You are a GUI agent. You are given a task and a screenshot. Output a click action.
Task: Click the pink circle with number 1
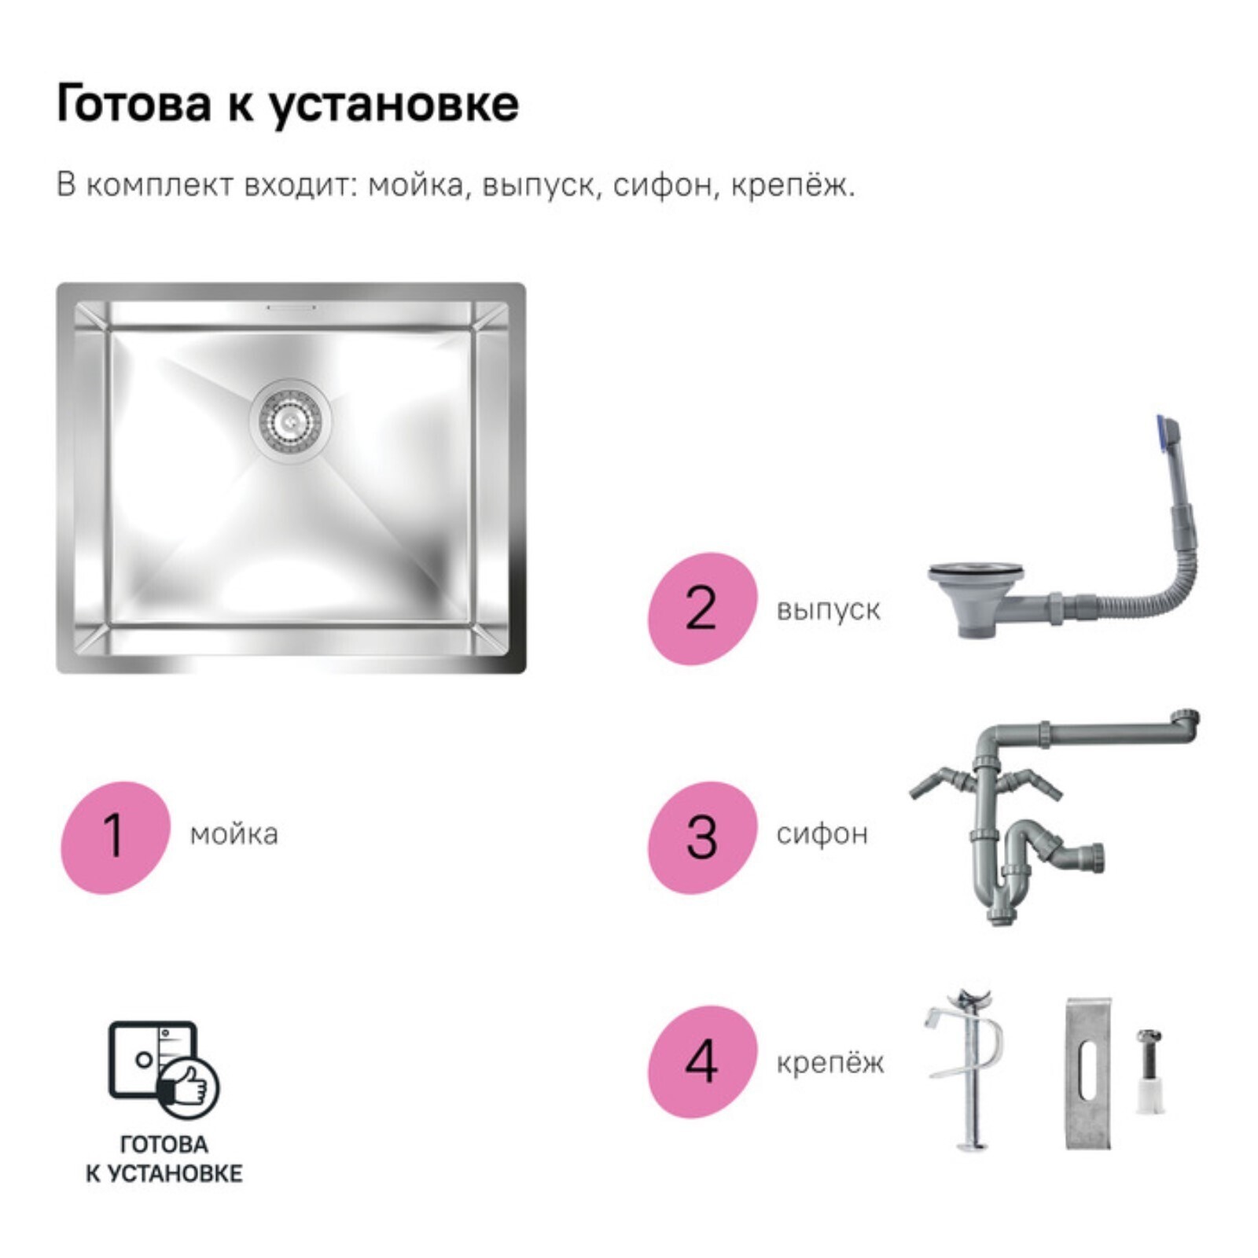click(116, 837)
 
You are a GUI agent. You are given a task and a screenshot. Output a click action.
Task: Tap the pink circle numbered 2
click(702, 609)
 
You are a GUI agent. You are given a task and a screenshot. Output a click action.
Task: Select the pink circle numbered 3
click(702, 837)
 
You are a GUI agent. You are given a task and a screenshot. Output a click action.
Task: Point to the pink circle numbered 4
click(702, 1061)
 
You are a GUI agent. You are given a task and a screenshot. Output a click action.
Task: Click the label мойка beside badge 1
click(234, 834)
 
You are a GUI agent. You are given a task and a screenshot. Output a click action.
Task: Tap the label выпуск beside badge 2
click(828, 610)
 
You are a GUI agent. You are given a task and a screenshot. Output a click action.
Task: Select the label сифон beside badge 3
click(822, 833)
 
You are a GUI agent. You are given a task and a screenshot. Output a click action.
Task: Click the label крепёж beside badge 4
click(830, 1062)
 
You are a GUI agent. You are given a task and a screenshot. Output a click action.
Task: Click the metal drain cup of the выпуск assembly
click(976, 594)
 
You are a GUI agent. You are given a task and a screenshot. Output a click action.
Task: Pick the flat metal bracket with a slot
click(1088, 1073)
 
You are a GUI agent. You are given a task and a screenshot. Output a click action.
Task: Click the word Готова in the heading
click(134, 104)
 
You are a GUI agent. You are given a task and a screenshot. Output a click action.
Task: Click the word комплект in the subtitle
click(160, 186)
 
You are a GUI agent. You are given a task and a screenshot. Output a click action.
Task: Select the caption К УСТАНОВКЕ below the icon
click(164, 1174)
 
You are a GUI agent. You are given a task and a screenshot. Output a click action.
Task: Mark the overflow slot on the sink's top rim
click(291, 307)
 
